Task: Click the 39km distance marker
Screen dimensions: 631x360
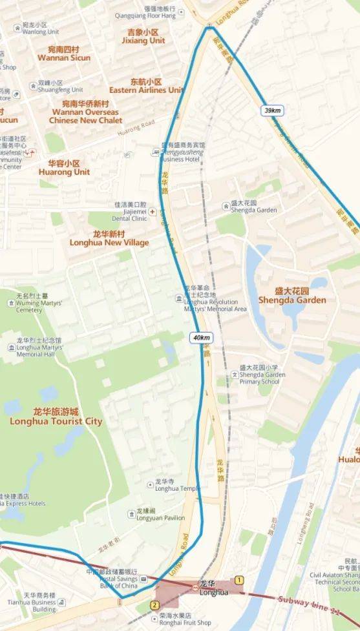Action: pos(272,110)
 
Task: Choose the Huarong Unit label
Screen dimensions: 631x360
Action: pos(64,169)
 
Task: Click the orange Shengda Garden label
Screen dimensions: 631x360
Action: pos(291,296)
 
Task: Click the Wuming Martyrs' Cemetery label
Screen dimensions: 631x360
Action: pos(29,306)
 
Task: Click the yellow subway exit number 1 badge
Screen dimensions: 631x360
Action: pos(239,580)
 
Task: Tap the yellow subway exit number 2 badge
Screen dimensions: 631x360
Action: pos(154,605)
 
